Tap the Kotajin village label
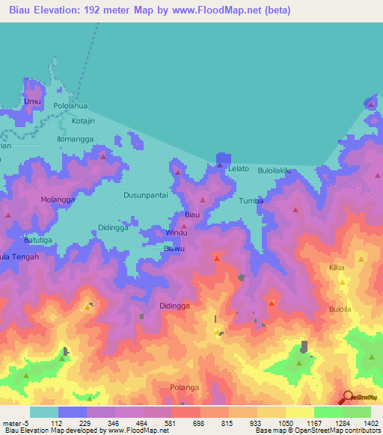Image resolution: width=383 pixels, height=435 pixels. (x=85, y=120)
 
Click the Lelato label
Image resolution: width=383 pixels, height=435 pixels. (x=238, y=170)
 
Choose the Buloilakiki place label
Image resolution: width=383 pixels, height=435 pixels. (x=274, y=171)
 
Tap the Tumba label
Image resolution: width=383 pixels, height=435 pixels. (x=251, y=201)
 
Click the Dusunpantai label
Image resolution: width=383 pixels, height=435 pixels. (x=145, y=195)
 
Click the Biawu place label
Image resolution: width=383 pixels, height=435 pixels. (x=174, y=248)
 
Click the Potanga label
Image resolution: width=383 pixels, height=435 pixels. (x=183, y=387)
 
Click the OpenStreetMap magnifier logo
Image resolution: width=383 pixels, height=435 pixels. (x=348, y=398)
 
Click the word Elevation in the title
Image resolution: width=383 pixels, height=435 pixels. (x=61, y=10)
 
